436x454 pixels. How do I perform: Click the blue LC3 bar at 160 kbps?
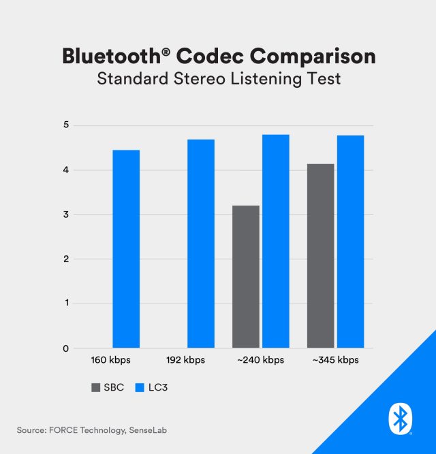click(x=126, y=249)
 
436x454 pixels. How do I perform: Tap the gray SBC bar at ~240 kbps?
click(x=246, y=276)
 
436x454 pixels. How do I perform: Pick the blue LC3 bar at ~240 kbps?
click(x=276, y=242)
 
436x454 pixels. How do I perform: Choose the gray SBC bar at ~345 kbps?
click(x=321, y=256)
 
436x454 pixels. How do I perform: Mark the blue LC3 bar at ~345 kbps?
click(x=351, y=242)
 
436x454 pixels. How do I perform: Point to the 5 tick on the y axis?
click(x=66, y=125)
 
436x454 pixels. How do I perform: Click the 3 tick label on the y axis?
click(x=66, y=215)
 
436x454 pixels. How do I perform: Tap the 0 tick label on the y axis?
click(x=66, y=348)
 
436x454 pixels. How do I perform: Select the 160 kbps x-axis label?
click(x=111, y=359)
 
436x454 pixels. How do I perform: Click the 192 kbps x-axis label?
click(x=185, y=359)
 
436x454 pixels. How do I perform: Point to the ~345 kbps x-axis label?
click(x=334, y=359)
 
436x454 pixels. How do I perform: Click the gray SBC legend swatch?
click(x=95, y=387)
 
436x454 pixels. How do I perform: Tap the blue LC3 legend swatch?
click(x=140, y=387)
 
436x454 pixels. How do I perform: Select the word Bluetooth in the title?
click(x=102, y=55)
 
